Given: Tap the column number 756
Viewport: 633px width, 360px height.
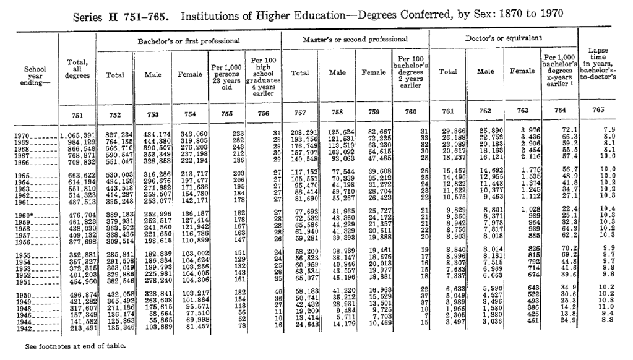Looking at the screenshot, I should [x=262, y=113].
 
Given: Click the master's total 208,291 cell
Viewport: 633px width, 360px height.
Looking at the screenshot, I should [x=301, y=134].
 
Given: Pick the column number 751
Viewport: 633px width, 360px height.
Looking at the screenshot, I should [x=78, y=113].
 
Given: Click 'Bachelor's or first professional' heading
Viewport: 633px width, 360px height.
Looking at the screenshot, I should [x=189, y=40].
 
